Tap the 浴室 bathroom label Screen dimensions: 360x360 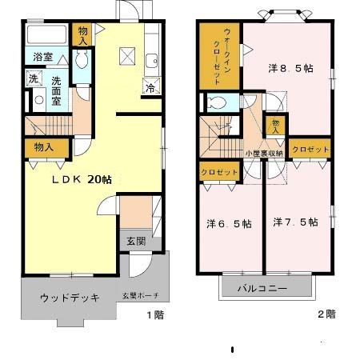pos(44,58)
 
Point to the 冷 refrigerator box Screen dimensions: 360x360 pos(150,89)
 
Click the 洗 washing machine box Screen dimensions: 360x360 pos(33,78)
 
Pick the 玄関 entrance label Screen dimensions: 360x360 pos(135,241)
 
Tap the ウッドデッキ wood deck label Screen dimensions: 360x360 pos(70,298)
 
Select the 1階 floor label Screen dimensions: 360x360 pos(154,315)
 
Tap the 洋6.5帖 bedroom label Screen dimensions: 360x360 pos(228,223)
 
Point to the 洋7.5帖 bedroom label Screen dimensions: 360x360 pos(294,222)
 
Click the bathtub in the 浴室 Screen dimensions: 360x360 pos(46,35)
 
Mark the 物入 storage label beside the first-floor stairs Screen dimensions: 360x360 pos(44,147)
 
